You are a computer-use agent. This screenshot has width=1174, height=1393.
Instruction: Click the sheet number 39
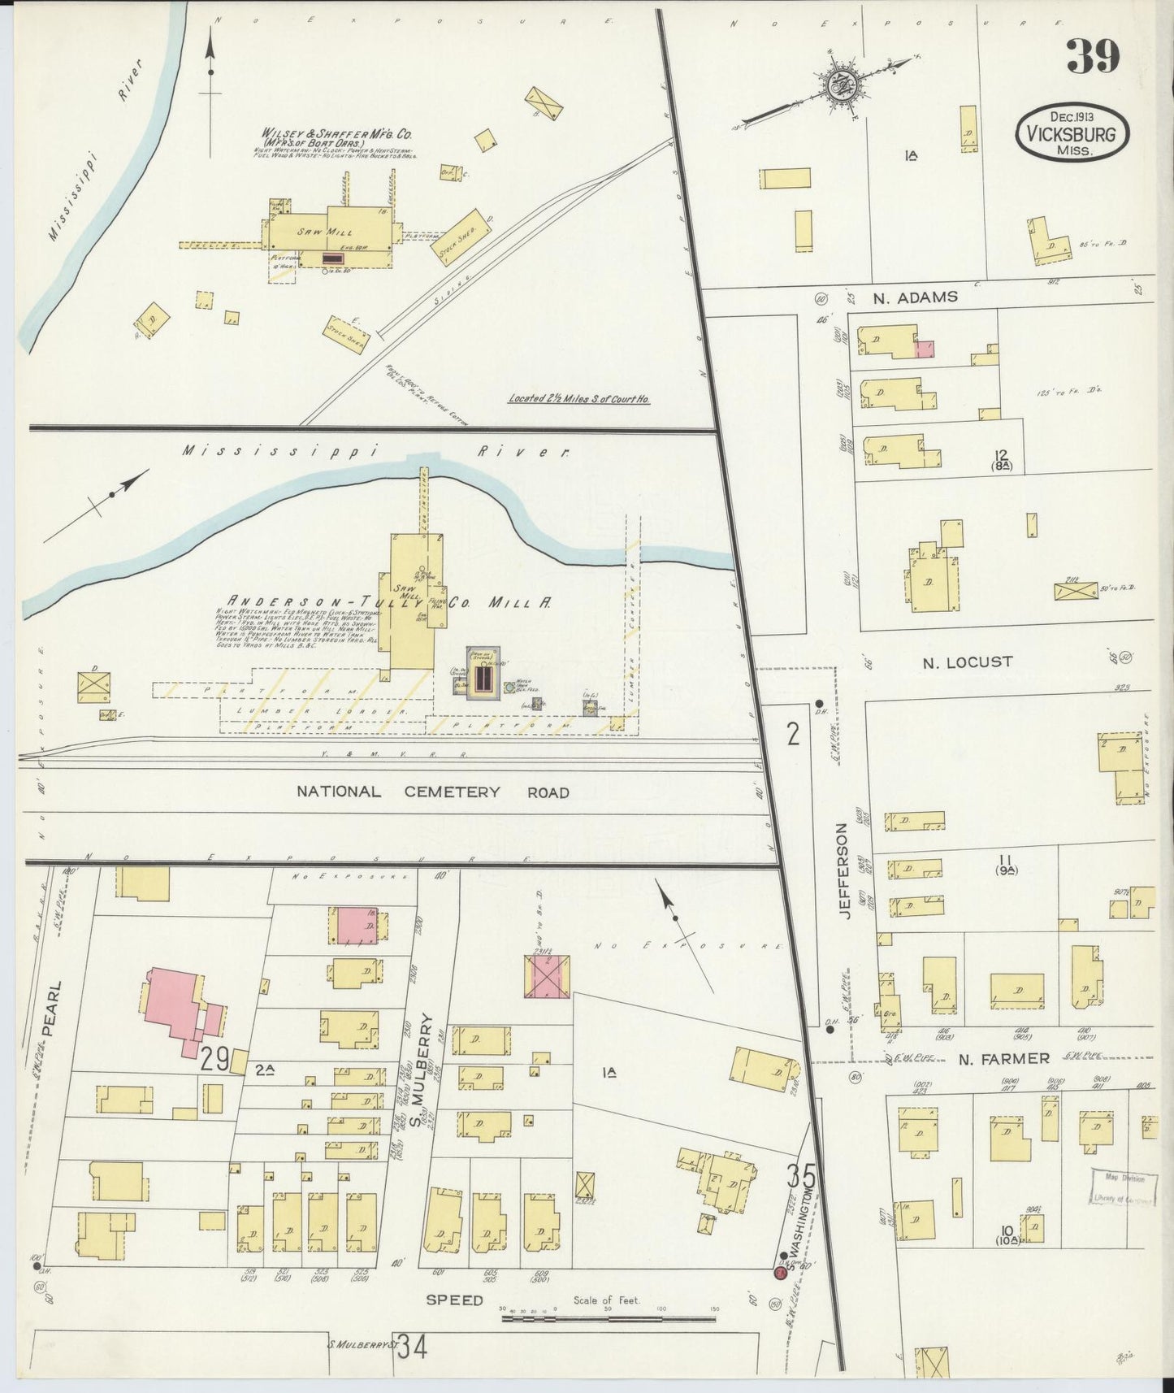click(x=1093, y=58)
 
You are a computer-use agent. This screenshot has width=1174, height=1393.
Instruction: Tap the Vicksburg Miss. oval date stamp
click(x=1072, y=132)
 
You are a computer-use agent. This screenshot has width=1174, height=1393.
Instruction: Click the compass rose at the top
click(x=837, y=85)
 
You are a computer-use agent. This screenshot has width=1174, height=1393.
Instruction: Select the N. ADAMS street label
click(x=915, y=297)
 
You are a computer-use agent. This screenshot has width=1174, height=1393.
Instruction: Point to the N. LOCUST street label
click(x=967, y=662)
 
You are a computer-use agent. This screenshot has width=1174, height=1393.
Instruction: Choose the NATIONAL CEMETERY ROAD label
click(x=432, y=792)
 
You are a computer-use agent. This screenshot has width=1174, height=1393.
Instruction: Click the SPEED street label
click(x=454, y=1300)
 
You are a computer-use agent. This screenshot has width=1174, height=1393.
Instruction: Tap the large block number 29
click(x=214, y=1059)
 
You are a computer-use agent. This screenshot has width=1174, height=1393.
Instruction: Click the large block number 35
click(x=800, y=1175)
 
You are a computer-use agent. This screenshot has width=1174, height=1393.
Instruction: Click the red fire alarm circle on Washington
click(x=780, y=1273)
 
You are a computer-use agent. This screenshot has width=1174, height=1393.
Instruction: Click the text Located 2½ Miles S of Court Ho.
click(x=578, y=399)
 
